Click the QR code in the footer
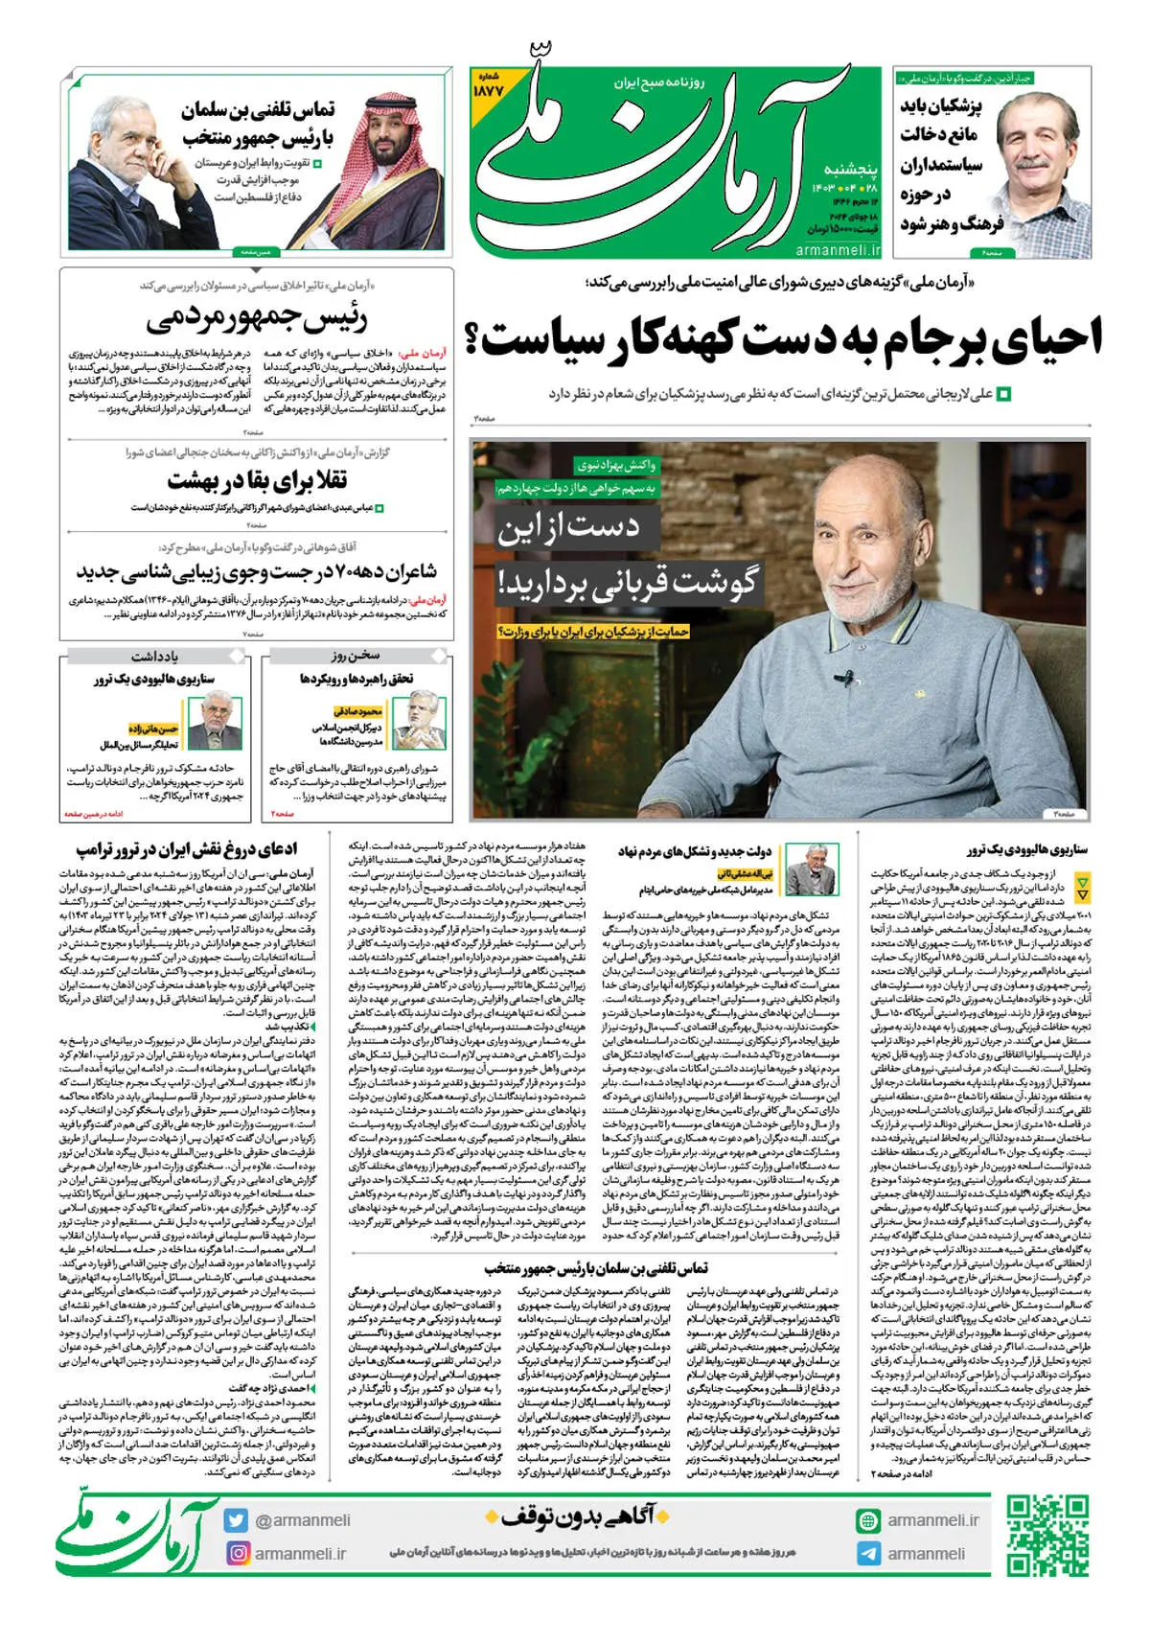tap(1046, 1535)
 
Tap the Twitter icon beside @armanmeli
tap(236, 1520)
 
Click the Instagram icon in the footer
tap(237, 1553)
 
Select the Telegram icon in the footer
tap(868, 1554)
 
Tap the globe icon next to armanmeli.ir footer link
tap(868, 1520)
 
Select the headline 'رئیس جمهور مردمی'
tap(256, 318)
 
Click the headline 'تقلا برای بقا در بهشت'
tap(257, 479)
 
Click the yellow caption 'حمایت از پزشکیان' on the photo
tap(593, 632)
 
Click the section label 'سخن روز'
tap(356, 656)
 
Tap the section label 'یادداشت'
tap(154, 656)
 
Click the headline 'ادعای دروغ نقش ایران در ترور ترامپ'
tap(187, 850)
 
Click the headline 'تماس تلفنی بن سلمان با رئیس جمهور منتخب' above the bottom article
tap(596, 1268)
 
